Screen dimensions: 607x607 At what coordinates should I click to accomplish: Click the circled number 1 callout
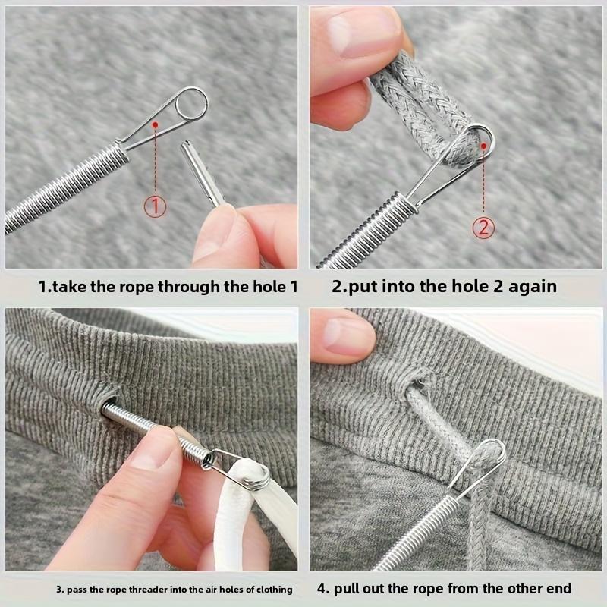pyautogui.click(x=155, y=206)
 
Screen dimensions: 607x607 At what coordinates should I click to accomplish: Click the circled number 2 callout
pyautogui.click(x=484, y=226)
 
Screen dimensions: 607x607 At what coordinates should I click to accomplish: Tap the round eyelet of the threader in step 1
pyautogui.click(x=190, y=105)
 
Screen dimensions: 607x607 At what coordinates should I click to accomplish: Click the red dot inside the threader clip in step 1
pyautogui.click(x=155, y=123)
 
